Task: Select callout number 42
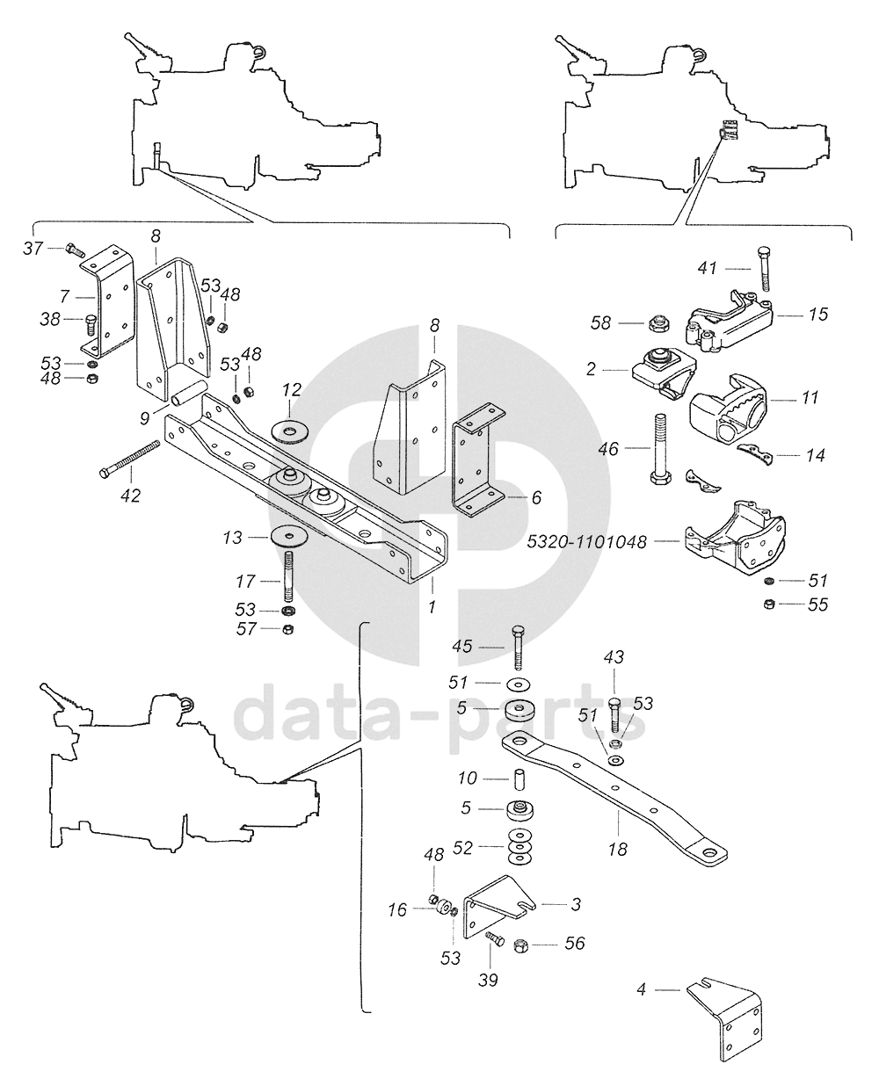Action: coord(130,496)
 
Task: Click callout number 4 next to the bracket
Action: coord(641,989)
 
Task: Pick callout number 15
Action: coord(817,314)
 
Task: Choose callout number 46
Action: coord(608,448)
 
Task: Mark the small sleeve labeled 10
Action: coord(519,778)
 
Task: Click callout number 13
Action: coord(232,539)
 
